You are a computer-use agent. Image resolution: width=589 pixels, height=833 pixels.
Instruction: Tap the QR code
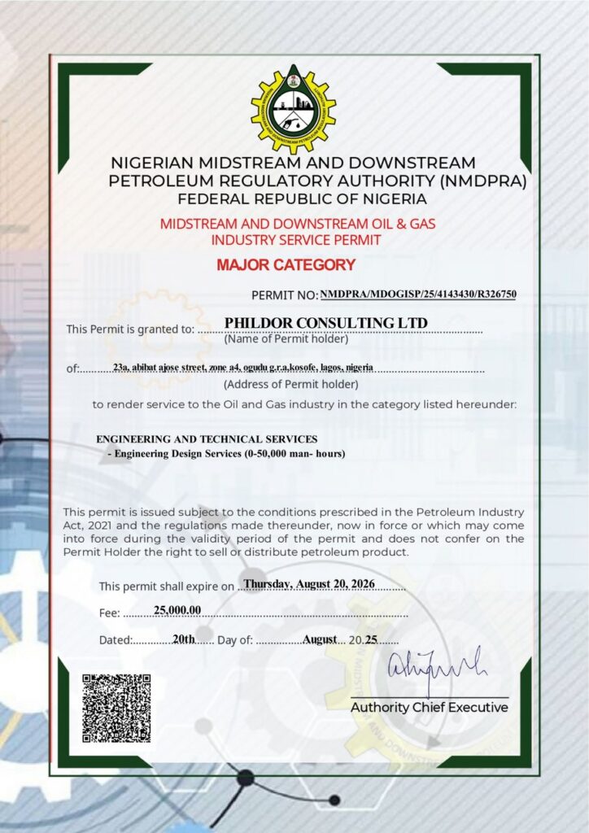tap(116, 707)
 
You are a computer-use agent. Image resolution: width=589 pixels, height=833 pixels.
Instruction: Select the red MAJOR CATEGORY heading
tap(286, 264)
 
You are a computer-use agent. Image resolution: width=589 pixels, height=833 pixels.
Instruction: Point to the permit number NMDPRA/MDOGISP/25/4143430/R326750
tap(418, 294)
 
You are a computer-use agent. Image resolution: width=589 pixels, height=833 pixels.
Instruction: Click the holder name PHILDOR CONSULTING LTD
tap(325, 323)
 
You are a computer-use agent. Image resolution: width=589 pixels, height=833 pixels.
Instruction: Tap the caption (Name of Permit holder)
tap(286, 339)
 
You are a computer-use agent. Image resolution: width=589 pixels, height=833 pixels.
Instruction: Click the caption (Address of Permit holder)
tap(290, 384)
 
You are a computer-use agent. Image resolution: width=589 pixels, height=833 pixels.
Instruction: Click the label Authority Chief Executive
tap(429, 708)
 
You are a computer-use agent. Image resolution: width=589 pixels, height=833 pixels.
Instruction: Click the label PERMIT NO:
tap(284, 294)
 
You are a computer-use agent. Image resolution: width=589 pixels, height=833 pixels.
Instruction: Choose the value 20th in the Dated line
tap(184, 639)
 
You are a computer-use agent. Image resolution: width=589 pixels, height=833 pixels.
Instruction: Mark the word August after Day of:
tap(320, 639)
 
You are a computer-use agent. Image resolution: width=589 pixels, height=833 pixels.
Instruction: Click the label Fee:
tap(110, 613)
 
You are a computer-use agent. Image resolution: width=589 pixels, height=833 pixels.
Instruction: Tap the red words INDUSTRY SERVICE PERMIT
tap(295, 240)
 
